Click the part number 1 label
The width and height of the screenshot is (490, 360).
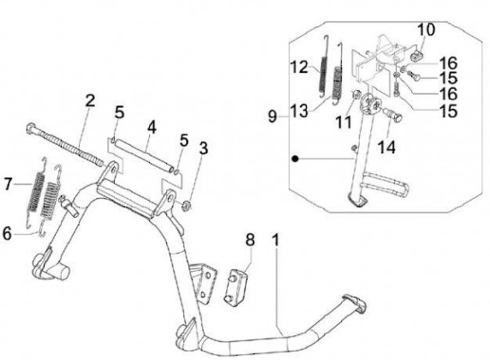click(x=276, y=240)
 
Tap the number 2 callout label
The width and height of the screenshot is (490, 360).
click(x=89, y=101)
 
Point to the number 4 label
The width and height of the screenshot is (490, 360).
click(x=151, y=127)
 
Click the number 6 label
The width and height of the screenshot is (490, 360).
click(x=7, y=233)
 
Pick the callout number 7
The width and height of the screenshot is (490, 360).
click(x=9, y=184)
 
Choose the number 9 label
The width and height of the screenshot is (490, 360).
click(x=272, y=117)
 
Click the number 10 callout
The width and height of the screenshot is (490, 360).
click(x=425, y=29)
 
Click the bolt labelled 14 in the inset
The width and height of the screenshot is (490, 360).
click(x=393, y=116)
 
